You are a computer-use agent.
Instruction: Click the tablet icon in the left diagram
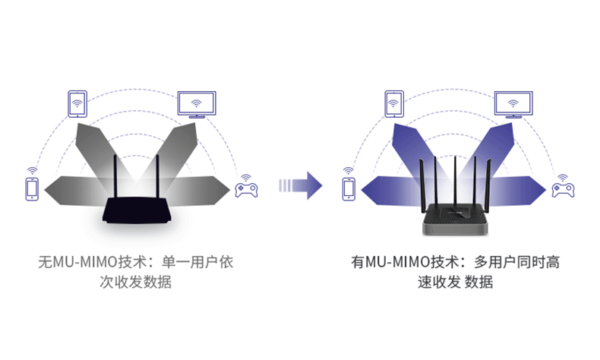[77, 104]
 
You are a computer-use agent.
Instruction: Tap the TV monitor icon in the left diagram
[197, 105]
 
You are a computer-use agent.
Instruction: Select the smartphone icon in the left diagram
[32, 189]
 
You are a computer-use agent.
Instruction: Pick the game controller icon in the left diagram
[246, 190]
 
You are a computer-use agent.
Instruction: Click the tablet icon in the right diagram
[394, 104]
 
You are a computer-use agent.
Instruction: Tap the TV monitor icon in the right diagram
[513, 105]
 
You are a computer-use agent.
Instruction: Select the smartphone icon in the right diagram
[349, 189]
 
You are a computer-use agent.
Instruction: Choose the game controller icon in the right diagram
[563, 190]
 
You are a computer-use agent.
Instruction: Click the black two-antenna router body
[135, 210]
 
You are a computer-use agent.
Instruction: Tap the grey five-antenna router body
[455, 219]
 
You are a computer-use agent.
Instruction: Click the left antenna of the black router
[115, 176]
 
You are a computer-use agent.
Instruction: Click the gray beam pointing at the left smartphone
[77, 190]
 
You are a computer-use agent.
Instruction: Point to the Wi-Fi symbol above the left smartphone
[32, 171]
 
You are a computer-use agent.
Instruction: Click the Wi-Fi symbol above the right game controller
[563, 178]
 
